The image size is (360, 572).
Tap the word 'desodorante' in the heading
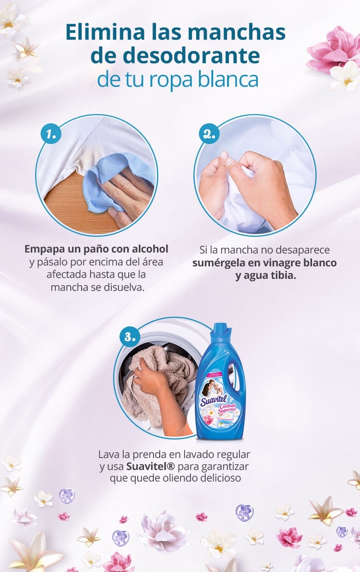point(175,55)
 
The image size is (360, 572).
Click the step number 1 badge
point(51,134)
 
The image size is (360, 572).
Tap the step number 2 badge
point(209,134)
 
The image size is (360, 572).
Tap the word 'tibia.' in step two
point(281,276)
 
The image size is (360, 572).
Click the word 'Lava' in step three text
point(107,454)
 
